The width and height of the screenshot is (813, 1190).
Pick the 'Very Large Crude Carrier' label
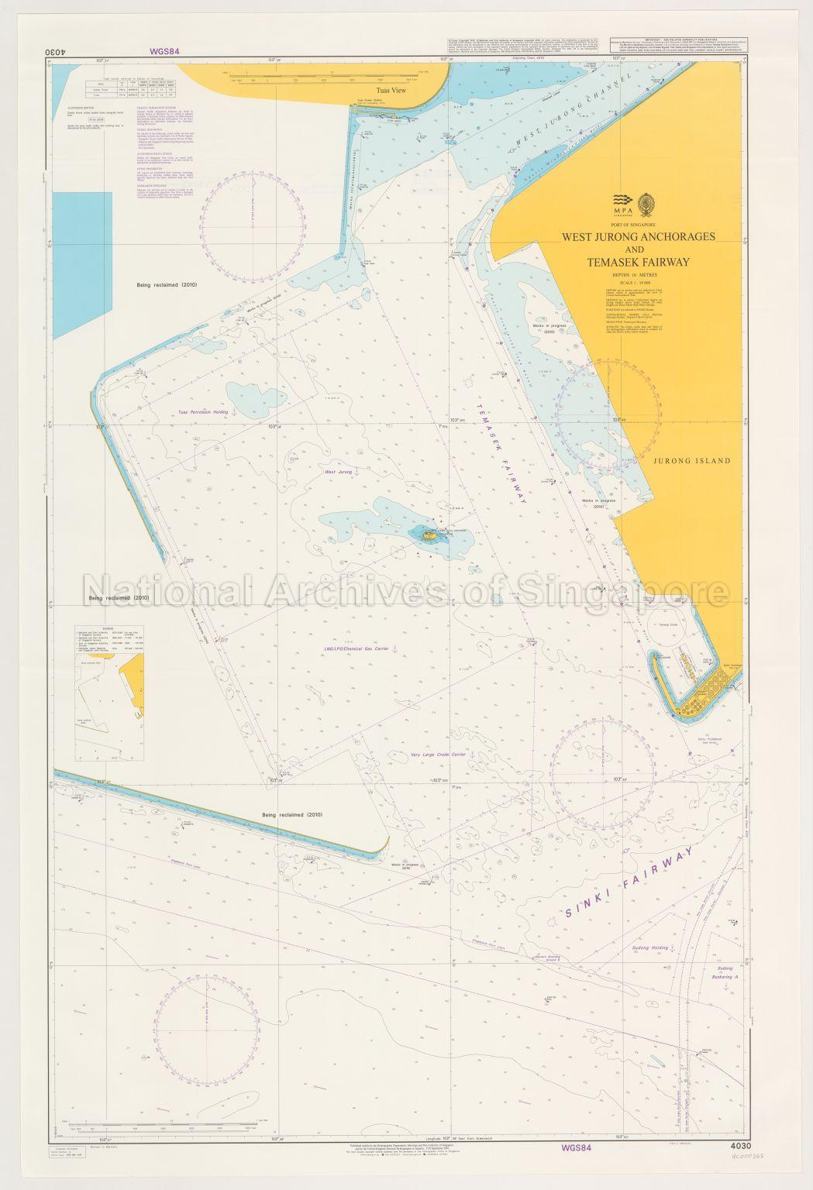429,752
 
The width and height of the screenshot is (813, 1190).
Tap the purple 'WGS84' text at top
164,52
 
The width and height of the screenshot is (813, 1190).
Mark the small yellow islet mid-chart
427,534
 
